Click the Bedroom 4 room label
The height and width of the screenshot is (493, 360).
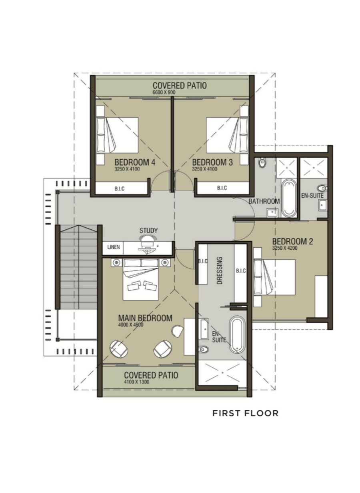(135, 162)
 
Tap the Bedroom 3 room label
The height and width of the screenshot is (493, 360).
(212, 162)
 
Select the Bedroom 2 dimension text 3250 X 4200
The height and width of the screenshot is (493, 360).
(285, 248)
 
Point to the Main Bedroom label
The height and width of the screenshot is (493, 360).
(145, 318)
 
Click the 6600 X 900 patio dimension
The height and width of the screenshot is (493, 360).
(164, 92)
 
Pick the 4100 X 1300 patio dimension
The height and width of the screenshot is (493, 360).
(136, 382)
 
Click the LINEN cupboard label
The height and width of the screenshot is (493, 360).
(114, 247)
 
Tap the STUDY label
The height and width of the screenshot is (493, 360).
(148, 230)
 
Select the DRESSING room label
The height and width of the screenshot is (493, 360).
(219, 271)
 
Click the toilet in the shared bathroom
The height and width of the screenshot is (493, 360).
(262, 162)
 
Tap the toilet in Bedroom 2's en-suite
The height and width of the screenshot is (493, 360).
(323, 188)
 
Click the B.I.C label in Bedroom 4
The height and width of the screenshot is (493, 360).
(120, 188)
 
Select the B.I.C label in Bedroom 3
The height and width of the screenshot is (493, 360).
(222, 188)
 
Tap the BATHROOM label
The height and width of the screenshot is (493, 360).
(264, 201)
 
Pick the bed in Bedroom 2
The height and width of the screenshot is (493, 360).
(274, 277)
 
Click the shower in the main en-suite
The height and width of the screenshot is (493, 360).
(222, 373)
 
